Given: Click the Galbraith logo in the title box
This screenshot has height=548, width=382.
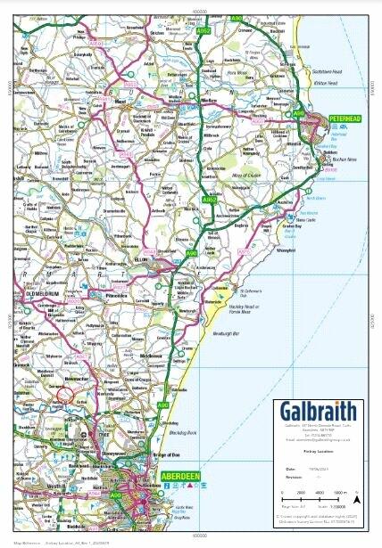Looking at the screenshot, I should (318, 411).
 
